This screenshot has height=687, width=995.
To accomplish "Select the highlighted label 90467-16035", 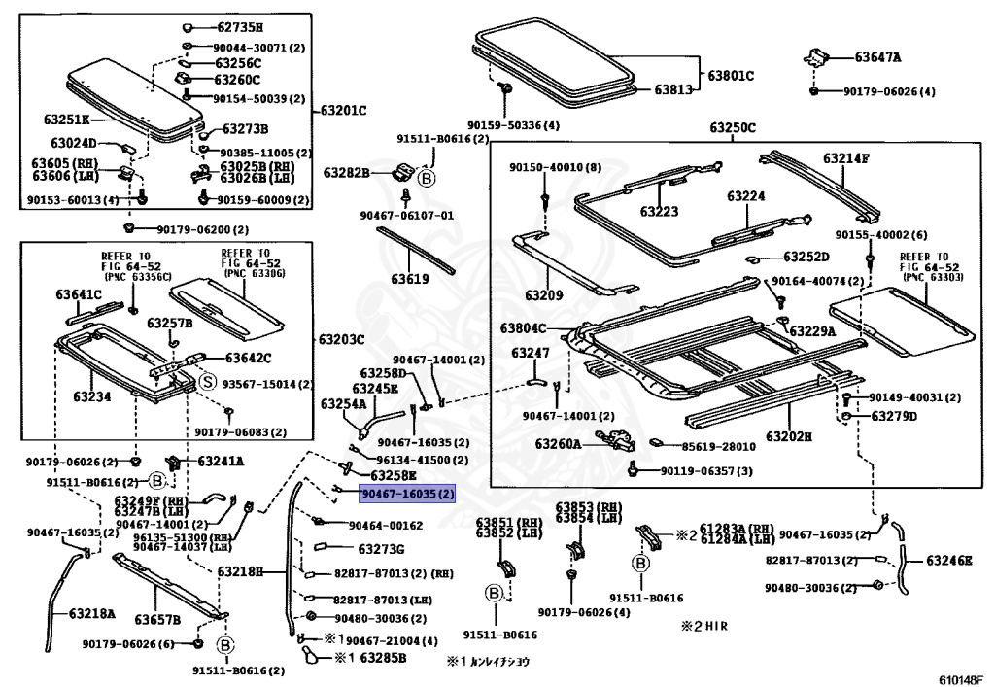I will tap(407, 494).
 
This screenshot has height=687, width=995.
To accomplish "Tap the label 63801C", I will tap(731, 75).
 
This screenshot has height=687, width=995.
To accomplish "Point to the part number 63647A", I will tap(877, 57).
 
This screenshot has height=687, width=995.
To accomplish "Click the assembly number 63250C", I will tap(732, 127).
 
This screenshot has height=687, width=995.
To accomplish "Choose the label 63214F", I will tap(846, 157).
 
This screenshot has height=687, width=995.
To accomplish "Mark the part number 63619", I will tap(410, 279).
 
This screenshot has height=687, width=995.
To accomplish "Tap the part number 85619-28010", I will tap(718, 446).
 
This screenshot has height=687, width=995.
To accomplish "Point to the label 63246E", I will tap(949, 560).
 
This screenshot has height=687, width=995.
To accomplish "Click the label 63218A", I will tap(91, 613).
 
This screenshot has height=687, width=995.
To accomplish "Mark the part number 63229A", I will tap(812, 330).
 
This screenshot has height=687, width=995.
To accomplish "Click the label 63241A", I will tap(221, 461).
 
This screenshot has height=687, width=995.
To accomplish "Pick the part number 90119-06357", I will tap(706, 471).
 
